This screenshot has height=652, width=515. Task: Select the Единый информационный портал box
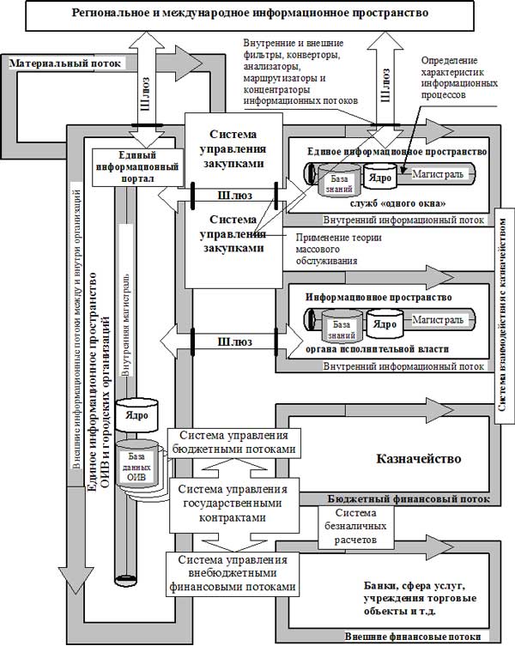click(127, 166)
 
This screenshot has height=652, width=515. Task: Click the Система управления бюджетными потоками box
click(236, 442)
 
